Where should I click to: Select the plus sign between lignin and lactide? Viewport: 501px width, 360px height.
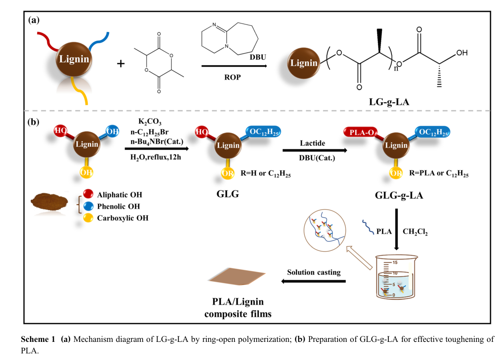tap(121, 63)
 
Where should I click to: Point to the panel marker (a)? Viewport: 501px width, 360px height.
tap(34, 20)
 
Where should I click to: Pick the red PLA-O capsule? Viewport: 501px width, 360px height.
tap(357, 133)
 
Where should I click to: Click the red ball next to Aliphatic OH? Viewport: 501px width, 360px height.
tap(90, 195)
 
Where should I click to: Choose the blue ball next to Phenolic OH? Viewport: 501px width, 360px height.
tap(90, 206)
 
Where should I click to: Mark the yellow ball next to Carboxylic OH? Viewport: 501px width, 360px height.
tap(90, 218)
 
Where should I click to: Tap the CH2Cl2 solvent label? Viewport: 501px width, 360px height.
tap(415, 232)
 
